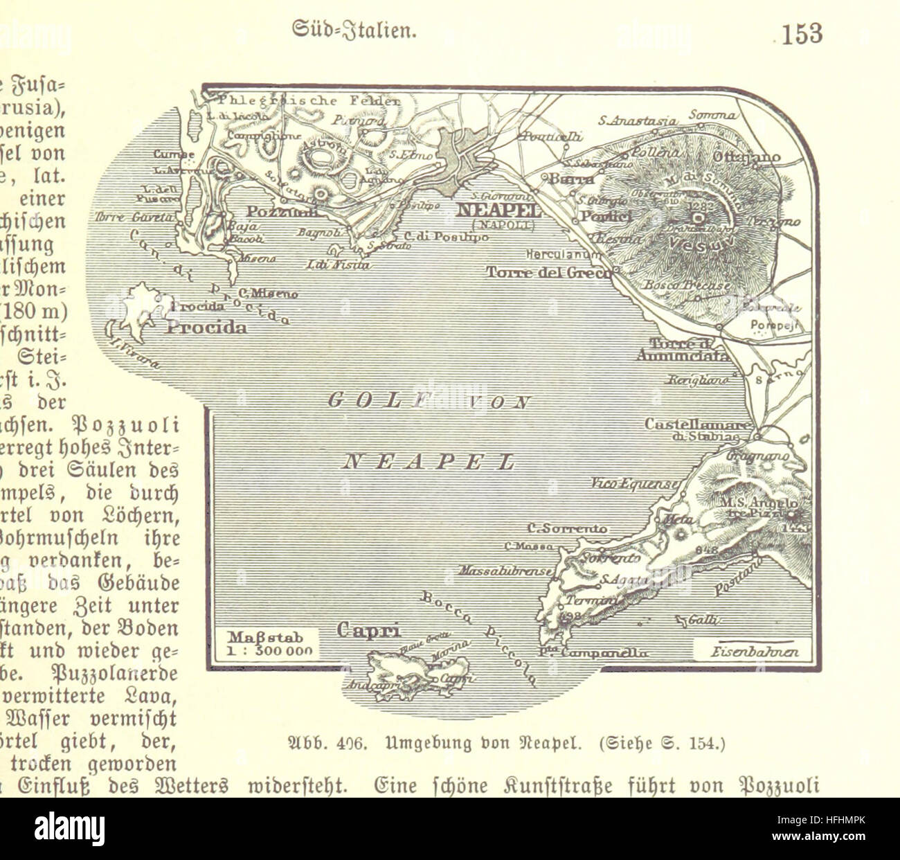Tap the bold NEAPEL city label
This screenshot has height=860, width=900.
[x=498, y=210]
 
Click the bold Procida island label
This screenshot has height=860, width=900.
[x=206, y=328]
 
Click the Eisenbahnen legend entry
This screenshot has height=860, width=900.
[x=755, y=652]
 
